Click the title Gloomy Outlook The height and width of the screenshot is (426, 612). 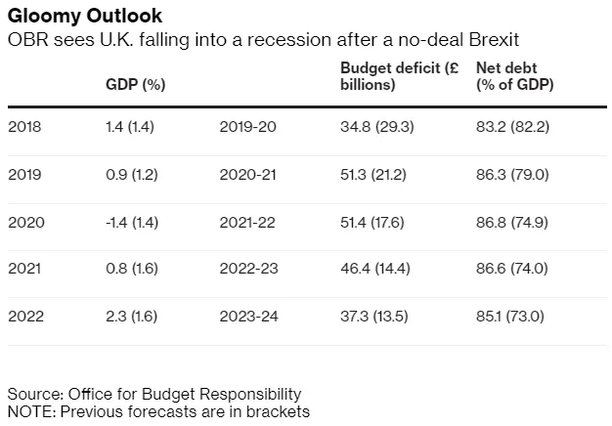pos(85,18)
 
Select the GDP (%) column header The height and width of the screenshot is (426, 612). pos(135,84)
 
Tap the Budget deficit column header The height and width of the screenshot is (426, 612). pos(399,76)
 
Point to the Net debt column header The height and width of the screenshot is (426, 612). pos(514,76)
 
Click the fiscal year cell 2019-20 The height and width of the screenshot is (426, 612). pos(249,126)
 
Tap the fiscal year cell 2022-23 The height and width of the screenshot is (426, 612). pos(249,270)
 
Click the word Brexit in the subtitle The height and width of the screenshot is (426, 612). pos(492,41)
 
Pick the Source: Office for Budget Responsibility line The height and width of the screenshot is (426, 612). pos(154,394)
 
